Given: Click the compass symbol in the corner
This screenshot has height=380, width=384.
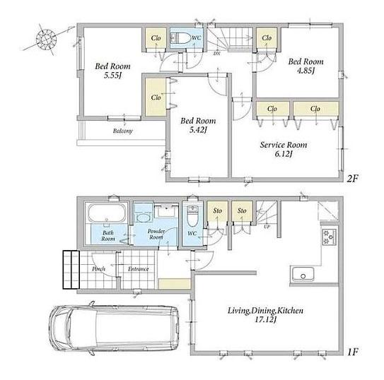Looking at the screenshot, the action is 46,39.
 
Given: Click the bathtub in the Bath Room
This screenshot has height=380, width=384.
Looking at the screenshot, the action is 107,213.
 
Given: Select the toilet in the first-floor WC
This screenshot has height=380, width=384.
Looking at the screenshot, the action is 192,216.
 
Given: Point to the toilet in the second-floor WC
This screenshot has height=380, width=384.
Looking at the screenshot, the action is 180,38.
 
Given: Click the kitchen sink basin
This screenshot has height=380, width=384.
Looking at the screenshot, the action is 303,275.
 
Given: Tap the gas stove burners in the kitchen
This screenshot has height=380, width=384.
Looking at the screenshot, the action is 329,237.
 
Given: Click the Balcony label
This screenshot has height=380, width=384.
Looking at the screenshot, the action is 122,131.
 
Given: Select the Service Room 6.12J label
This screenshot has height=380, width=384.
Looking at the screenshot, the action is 284,149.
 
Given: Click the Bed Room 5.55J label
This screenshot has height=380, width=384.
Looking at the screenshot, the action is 112,71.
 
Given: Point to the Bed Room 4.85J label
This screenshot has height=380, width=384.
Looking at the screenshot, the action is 306,66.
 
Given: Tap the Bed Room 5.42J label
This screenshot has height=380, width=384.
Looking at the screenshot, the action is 198,125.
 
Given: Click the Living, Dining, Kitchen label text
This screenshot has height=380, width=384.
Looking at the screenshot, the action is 265,311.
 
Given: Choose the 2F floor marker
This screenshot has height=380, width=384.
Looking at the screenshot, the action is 352,179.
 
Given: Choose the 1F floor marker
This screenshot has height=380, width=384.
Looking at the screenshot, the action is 353,352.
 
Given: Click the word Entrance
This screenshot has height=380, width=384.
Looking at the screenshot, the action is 139,269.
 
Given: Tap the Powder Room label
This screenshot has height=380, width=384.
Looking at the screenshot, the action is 156,234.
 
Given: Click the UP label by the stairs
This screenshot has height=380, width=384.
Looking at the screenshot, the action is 267,227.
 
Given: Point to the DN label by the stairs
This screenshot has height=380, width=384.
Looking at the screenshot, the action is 216,53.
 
